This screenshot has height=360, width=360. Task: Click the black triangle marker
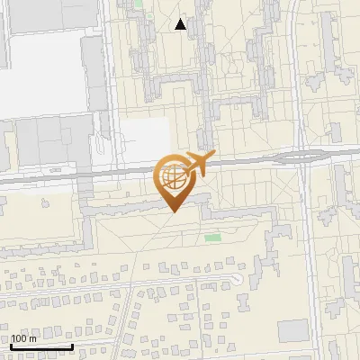click(181, 24)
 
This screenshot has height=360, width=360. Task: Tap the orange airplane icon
click(197, 165)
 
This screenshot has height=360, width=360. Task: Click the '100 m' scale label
click(23, 339)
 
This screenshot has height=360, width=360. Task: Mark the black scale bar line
click(41, 346)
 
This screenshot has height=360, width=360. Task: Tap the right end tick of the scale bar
click(73, 346)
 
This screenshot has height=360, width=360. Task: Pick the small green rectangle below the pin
click(212, 238)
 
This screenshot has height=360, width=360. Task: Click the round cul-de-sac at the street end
click(238, 279)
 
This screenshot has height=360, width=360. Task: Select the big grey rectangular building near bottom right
click(292, 330)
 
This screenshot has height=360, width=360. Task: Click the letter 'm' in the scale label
click(33, 339)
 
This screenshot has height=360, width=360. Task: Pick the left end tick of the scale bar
click(11, 346)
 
